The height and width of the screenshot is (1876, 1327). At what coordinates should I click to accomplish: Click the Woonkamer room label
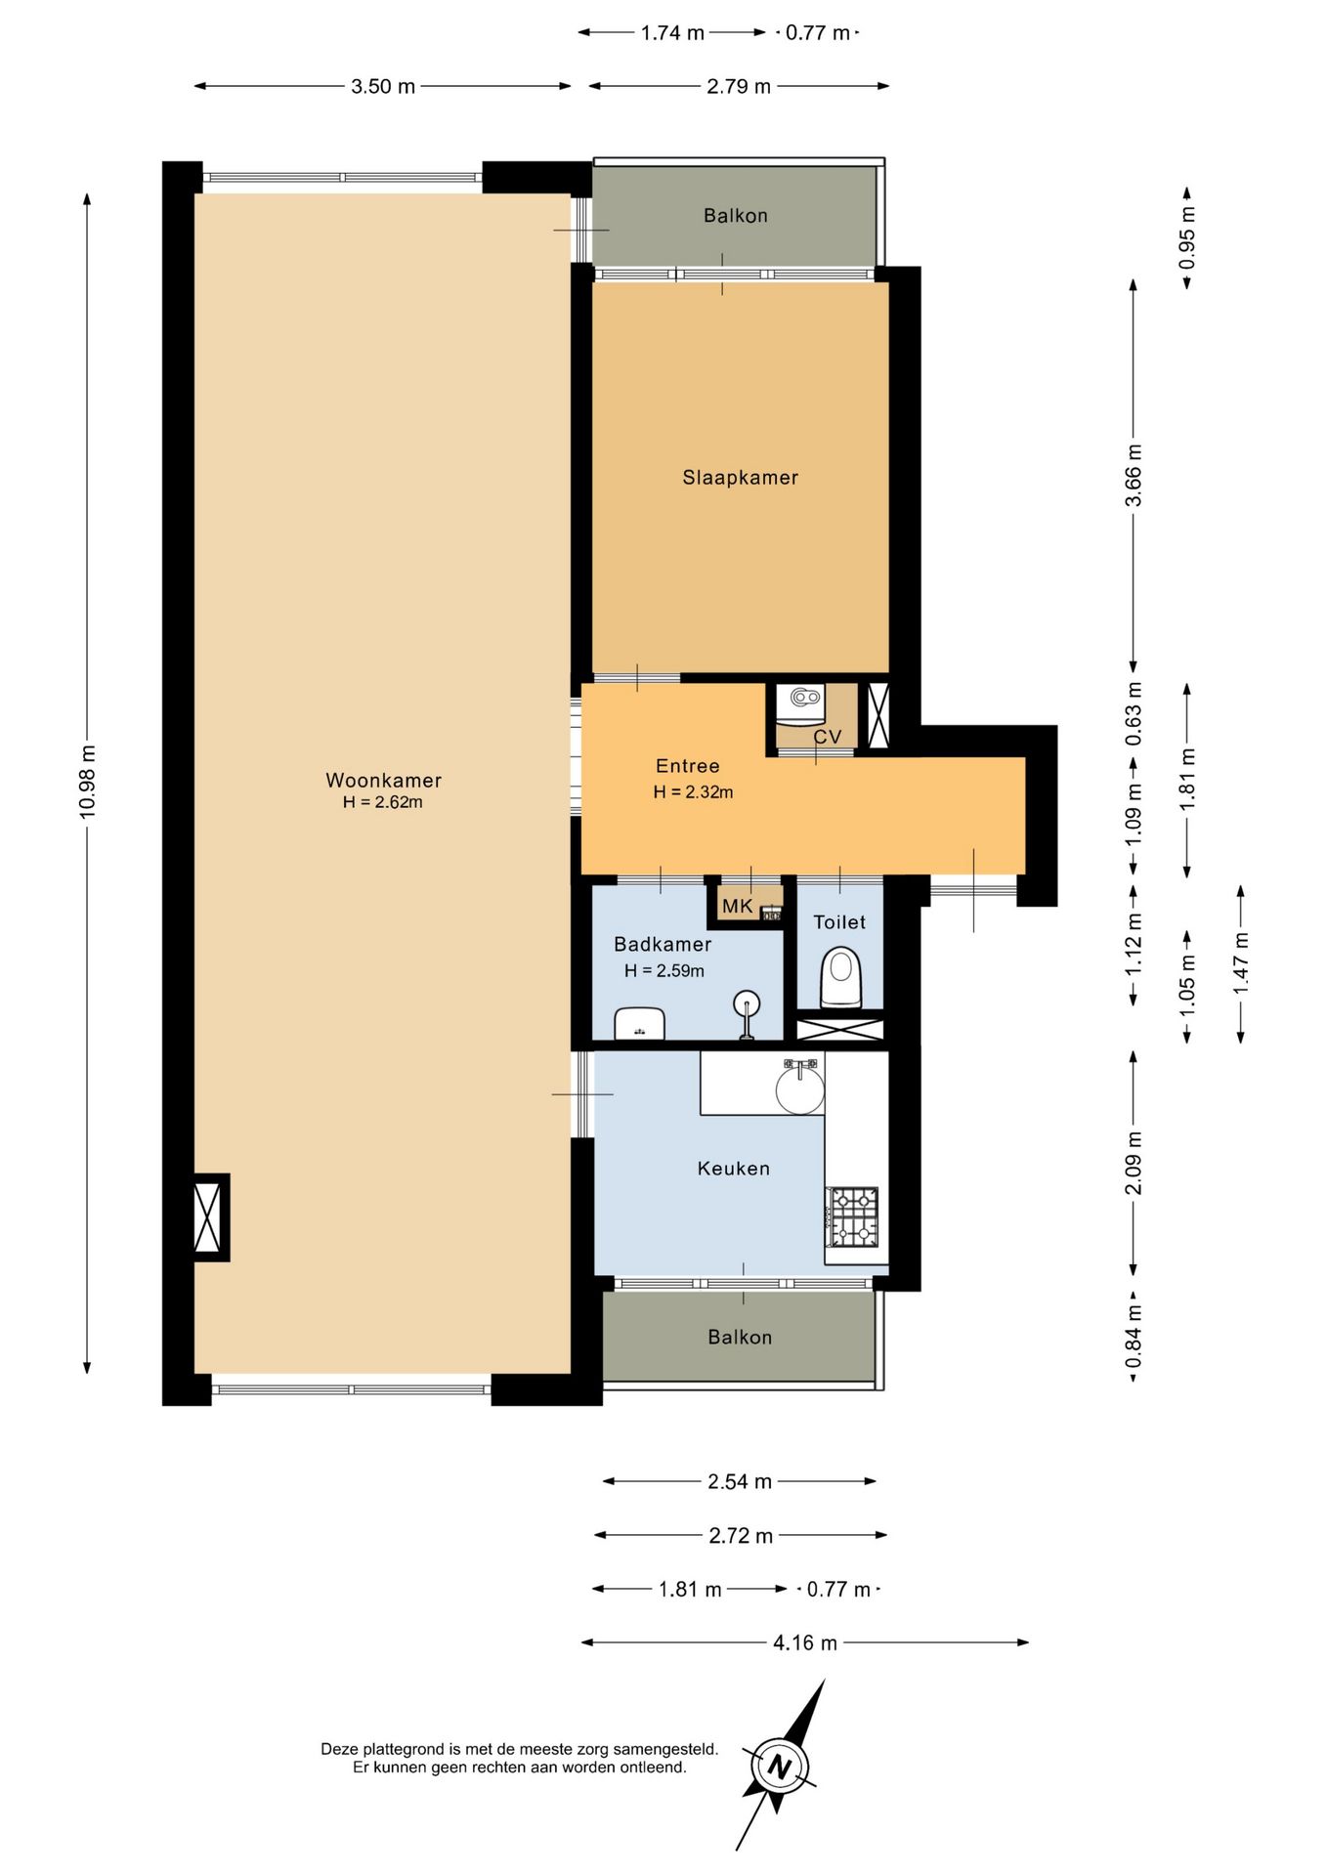[x=383, y=780]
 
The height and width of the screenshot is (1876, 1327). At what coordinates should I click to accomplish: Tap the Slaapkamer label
[x=740, y=478]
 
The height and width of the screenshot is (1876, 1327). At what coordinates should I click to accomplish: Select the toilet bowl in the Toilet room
[x=839, y=977]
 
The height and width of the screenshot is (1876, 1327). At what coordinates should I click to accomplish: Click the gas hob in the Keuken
[x=853, y=1216]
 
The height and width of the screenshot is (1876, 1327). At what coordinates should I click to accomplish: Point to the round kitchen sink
[x=800, y=1087]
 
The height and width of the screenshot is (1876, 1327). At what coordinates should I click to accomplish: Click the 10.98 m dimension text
[x=88, y=782]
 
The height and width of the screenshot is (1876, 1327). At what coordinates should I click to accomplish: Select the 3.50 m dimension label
[x=383, y=86]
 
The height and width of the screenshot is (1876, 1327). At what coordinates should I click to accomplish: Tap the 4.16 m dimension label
[x=805, y=1642]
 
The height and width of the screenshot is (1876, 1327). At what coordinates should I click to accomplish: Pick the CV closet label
[x=828, y=737]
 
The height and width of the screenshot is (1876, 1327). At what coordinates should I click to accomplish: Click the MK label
[x=737, y=907]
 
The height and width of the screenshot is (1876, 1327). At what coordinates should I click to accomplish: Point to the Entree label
[x=688, y=766]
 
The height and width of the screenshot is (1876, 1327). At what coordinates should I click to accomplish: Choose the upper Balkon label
[x=736, y=216]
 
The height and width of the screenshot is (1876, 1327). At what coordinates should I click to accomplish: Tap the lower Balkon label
[x=740, y=1337]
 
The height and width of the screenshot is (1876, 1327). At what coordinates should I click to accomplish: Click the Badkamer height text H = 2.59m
[x=664, y=970]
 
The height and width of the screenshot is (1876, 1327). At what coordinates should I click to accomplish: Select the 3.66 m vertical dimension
[x=1134, y=475]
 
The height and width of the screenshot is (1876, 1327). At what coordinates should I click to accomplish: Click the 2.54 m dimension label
[x=740, y=1481]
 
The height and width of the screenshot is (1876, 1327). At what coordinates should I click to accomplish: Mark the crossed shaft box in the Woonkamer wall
[x=208, y=1217]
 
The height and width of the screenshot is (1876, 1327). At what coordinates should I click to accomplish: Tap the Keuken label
[x=734, y=1169]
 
